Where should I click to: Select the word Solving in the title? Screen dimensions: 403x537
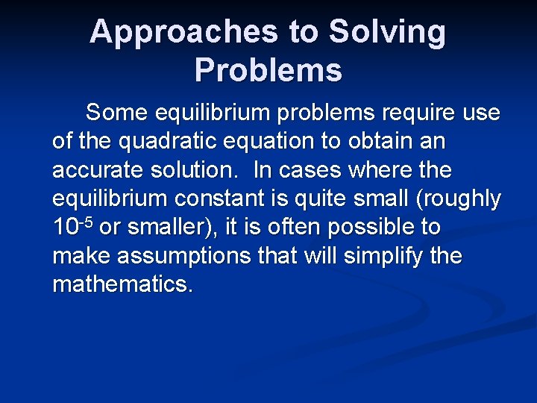click(x=387, y=33)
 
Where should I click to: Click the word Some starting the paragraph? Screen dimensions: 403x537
click(x=117, y=113)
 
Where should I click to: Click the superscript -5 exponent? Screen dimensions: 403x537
click(x=85, y=222)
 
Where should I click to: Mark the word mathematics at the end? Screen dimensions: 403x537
click(x=122, y=285)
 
